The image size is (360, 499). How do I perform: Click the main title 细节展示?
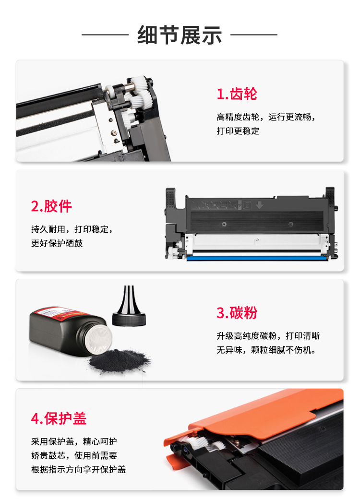[180, 35]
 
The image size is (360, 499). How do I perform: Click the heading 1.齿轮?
[237, 94]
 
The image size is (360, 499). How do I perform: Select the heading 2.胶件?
[51, 206]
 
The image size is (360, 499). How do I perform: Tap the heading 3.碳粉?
[237, 312]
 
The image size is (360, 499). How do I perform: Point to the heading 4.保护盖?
[59, 418]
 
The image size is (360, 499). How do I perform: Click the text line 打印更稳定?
[238, 131]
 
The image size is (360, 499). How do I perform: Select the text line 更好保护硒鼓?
[57, 243]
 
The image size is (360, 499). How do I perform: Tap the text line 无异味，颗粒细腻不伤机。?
[266, 350]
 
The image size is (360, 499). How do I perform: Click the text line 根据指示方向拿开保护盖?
[78, 469]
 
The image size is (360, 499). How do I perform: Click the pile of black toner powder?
[119, 360]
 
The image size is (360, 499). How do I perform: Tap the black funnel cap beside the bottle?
[129, 307]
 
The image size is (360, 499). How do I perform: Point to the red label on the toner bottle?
[60, 313]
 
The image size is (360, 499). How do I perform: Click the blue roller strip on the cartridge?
[257, 259]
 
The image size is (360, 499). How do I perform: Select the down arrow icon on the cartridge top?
[259, 205]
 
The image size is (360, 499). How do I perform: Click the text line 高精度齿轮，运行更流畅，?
[266, 117]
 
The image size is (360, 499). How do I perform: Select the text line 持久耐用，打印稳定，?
[72, 229]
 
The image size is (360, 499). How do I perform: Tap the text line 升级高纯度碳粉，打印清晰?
[268, 336]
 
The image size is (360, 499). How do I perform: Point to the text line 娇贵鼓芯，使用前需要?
[74, 455]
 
